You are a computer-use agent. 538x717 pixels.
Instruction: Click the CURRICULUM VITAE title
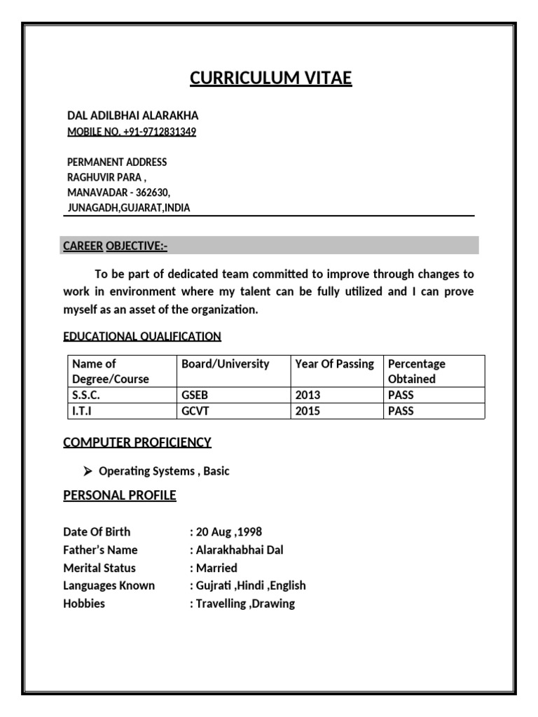coord(270,78)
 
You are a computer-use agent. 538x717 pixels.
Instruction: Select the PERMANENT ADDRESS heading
coord(117,162)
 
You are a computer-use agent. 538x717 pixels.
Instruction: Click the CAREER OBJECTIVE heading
coord(116,246)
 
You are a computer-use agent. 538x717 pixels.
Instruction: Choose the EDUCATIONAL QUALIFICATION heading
coord(142,336)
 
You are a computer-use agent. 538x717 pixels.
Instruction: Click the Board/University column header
coord(225,364)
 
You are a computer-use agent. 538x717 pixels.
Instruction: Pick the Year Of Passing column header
coord(335,364)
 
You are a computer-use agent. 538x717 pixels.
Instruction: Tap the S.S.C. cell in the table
coord(86,395)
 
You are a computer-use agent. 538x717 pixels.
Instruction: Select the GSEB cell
coord(195,395)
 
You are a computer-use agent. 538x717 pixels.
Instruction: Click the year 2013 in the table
coord(308,395)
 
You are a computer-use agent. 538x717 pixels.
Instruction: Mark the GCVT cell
coord(195,411)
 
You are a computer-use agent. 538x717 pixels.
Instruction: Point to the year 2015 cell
coord(308,411)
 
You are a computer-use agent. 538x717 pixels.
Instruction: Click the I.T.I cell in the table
coord(82,411)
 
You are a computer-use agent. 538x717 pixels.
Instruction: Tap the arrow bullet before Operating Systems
coord(89,471)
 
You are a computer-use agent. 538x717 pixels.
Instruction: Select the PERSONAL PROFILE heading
coord(120,496)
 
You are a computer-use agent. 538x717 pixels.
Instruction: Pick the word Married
coord(216,568)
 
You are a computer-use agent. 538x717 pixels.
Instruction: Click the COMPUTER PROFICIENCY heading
coord(137,442)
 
